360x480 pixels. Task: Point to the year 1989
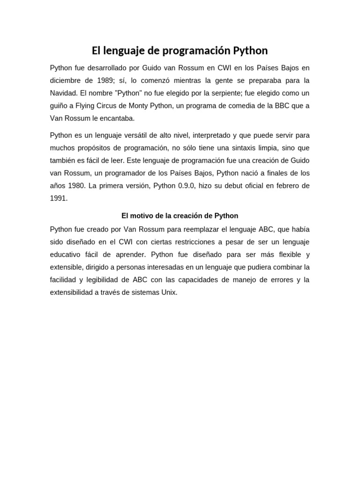(x=116, y=81)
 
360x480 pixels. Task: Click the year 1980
(x=77, y=186)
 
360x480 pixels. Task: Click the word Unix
(x=169, y=292)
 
